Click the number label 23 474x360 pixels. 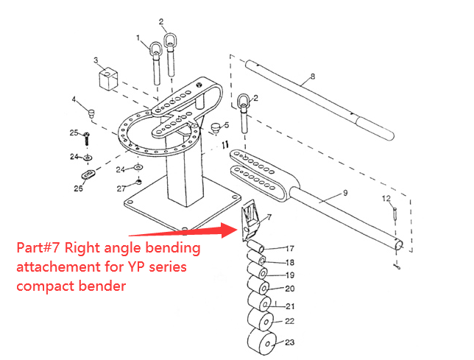click(x=290, y=342)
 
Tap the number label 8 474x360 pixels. click(x=312, y=76)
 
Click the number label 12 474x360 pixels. click(x=386, y=199)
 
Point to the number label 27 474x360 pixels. click(x=122, y=188)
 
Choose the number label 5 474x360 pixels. click(x=227, y=125)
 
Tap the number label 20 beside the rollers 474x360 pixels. click(x=290, y=289)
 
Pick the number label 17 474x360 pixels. click(x=290, y=248)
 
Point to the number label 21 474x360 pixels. click(x=290, y=305)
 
